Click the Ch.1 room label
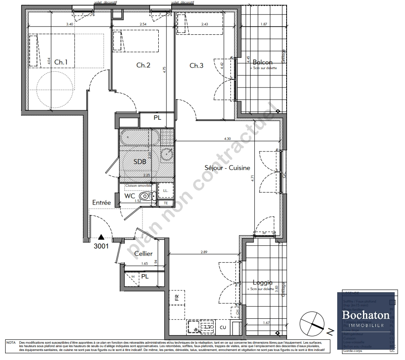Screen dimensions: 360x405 tap(60, 62)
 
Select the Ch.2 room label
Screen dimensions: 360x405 tap(143, 65)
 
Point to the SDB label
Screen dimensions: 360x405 tap(139, 162)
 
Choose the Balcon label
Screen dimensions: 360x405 tap(262, 62)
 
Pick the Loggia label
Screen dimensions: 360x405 tap(262, 283)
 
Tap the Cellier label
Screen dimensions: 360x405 tap(143, 254)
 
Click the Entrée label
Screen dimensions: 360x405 tap(101, 203)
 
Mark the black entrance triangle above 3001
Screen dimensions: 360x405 tap(101, 236)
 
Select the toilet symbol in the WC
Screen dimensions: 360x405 tap(146, 197)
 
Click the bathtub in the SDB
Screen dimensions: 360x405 tap(140, 138)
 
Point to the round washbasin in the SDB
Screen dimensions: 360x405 tap(166, 154)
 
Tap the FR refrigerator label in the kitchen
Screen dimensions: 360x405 tap(177, 296)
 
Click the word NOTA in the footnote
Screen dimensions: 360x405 tap(11, 342)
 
